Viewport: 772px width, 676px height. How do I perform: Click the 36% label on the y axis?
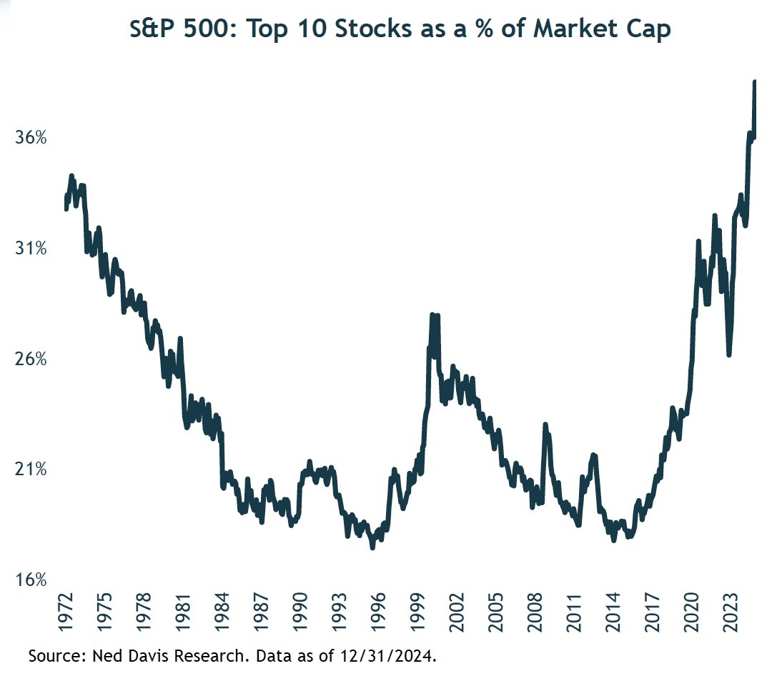point(31,138)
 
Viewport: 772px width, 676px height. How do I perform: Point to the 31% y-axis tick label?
point(31,249)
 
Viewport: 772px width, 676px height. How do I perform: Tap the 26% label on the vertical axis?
point(31,359)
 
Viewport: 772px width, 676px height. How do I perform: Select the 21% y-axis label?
point(31,469)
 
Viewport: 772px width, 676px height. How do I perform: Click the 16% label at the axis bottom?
point(31,580)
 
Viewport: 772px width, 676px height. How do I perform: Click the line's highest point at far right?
point(755,83)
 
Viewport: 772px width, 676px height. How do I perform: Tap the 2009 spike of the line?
point(545,425)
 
